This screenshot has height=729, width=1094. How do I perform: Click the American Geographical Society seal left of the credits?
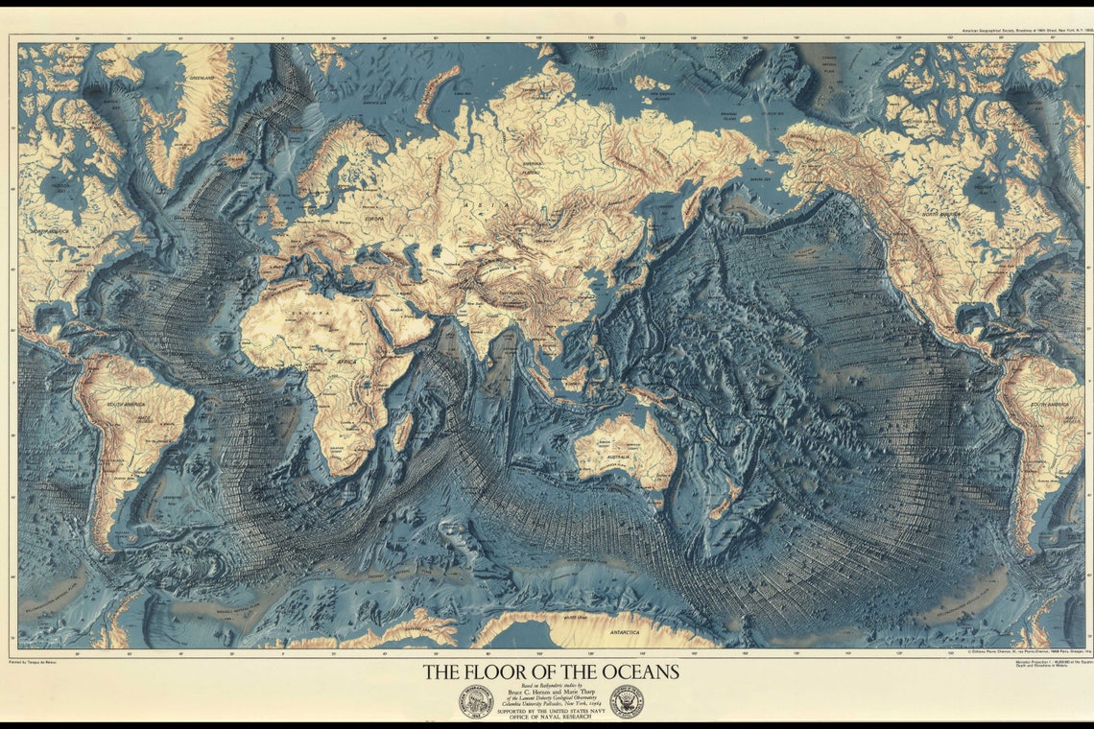point(475,701)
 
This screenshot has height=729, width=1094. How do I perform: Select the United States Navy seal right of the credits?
point(627,701)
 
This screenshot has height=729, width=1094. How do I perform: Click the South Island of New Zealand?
point(722,505)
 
